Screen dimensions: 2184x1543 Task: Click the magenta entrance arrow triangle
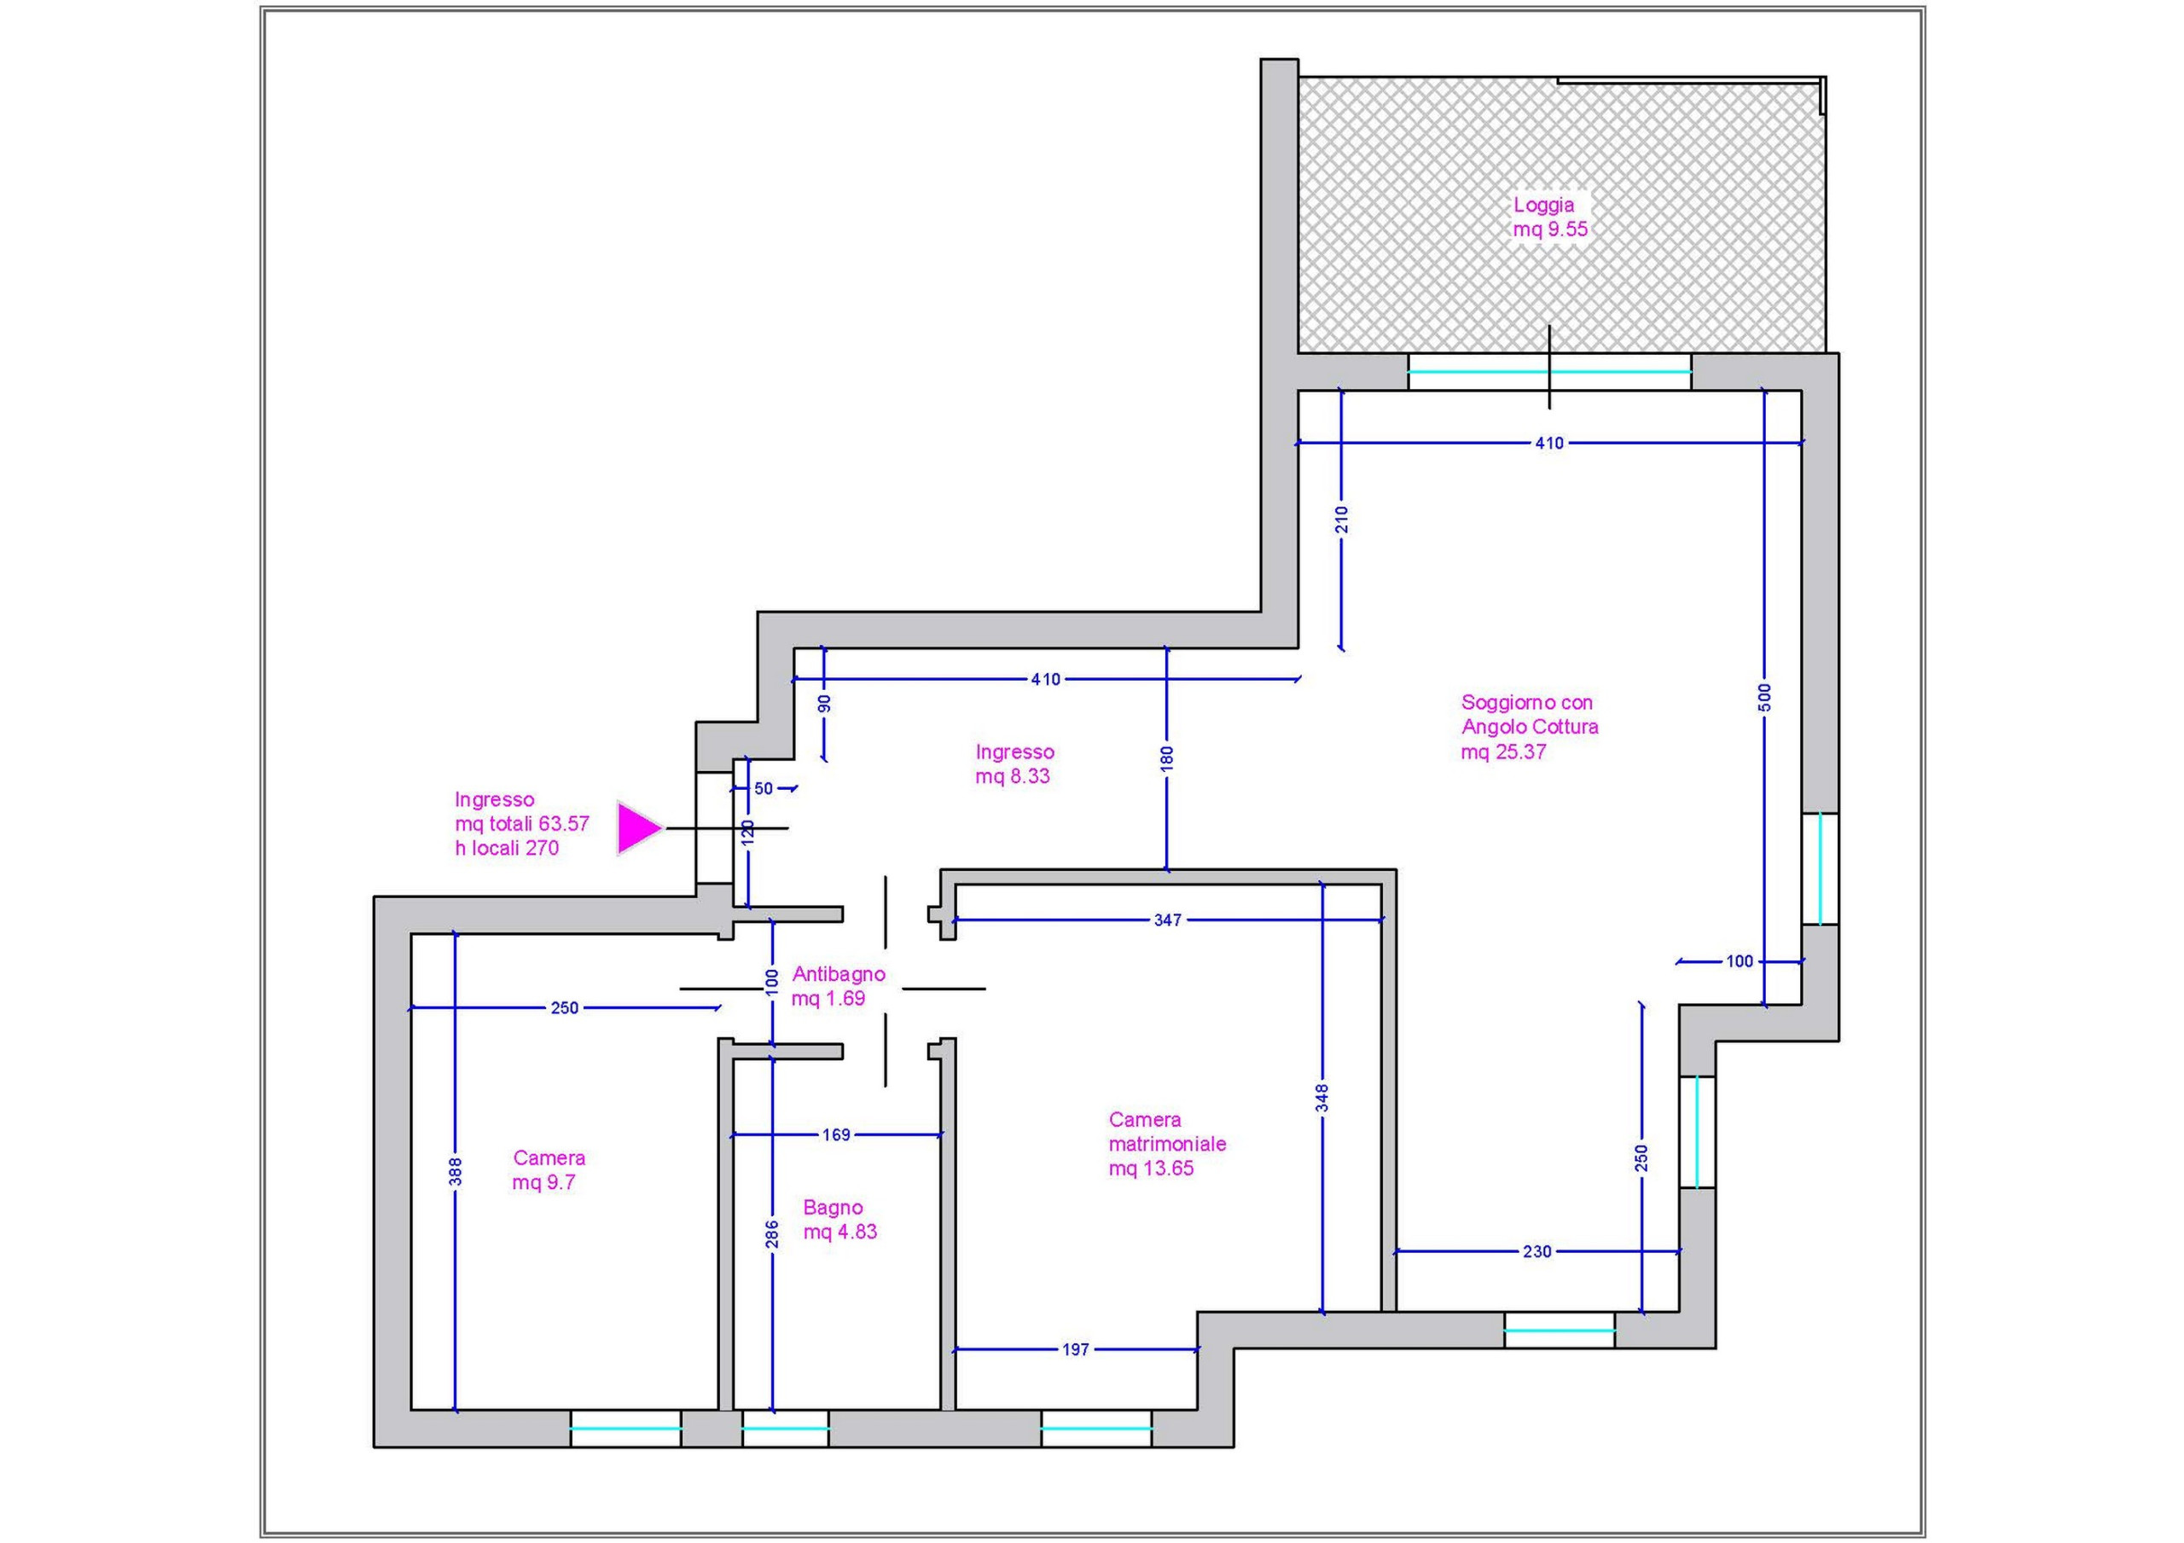(637, 827)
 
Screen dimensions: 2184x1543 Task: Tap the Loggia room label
(1550, 217)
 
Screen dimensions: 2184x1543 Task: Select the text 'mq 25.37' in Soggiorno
(1504, 751)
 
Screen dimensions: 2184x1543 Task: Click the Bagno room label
(840, 1220)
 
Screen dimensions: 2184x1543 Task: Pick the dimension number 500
(1765, 698)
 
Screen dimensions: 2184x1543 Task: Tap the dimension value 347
(1167, 919)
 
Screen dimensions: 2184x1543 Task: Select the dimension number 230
(1537, 1252)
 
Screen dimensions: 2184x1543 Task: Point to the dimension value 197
(1075, 1349)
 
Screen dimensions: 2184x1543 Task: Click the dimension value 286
(772, 1234)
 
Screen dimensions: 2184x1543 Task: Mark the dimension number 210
(1342, 519)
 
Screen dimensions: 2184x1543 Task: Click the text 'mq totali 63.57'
(522, 824)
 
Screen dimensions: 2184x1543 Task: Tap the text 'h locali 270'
(507, 848)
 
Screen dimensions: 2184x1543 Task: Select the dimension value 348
(1322, 1098)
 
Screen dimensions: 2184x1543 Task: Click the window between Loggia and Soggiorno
(1549, 372)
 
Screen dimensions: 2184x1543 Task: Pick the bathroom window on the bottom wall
(786, 1428)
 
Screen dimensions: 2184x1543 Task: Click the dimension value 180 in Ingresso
(1167, 758)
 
